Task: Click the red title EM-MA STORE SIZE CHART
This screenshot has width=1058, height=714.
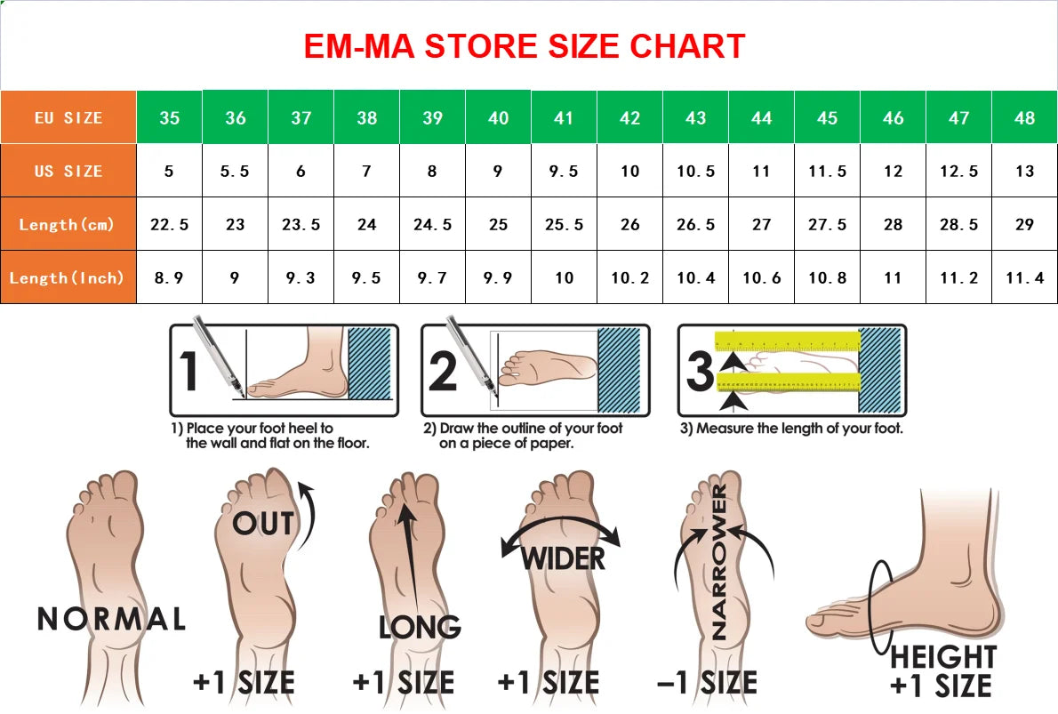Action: tap(525, 46)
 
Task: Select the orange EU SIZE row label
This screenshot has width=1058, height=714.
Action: tap(68, 117)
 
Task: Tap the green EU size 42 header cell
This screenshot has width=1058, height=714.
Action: tap(629, 117)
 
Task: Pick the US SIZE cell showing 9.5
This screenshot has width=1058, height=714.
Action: tap(564, 171)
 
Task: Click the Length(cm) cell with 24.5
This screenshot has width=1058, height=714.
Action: tap(432, 224)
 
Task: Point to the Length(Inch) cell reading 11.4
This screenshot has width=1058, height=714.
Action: tap(1024, 277)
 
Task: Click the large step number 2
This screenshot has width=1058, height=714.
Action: tap(443, 371)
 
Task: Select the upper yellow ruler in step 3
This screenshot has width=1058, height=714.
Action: tap(788, 341)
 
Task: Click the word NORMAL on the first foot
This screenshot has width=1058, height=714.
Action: tap(111, 619)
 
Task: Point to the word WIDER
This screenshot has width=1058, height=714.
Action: tap(563, 558)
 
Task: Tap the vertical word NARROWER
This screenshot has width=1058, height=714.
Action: tap(719, 561)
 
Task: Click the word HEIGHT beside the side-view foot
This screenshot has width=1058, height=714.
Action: tap(943, 656)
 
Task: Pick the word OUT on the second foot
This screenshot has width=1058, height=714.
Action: tap(263, 524)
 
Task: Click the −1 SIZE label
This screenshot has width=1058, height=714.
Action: tap(707, 682)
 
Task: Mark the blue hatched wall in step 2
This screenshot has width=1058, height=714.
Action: tap(619, 370)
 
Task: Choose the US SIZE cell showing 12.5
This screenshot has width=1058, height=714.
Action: tap(958, 171)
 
